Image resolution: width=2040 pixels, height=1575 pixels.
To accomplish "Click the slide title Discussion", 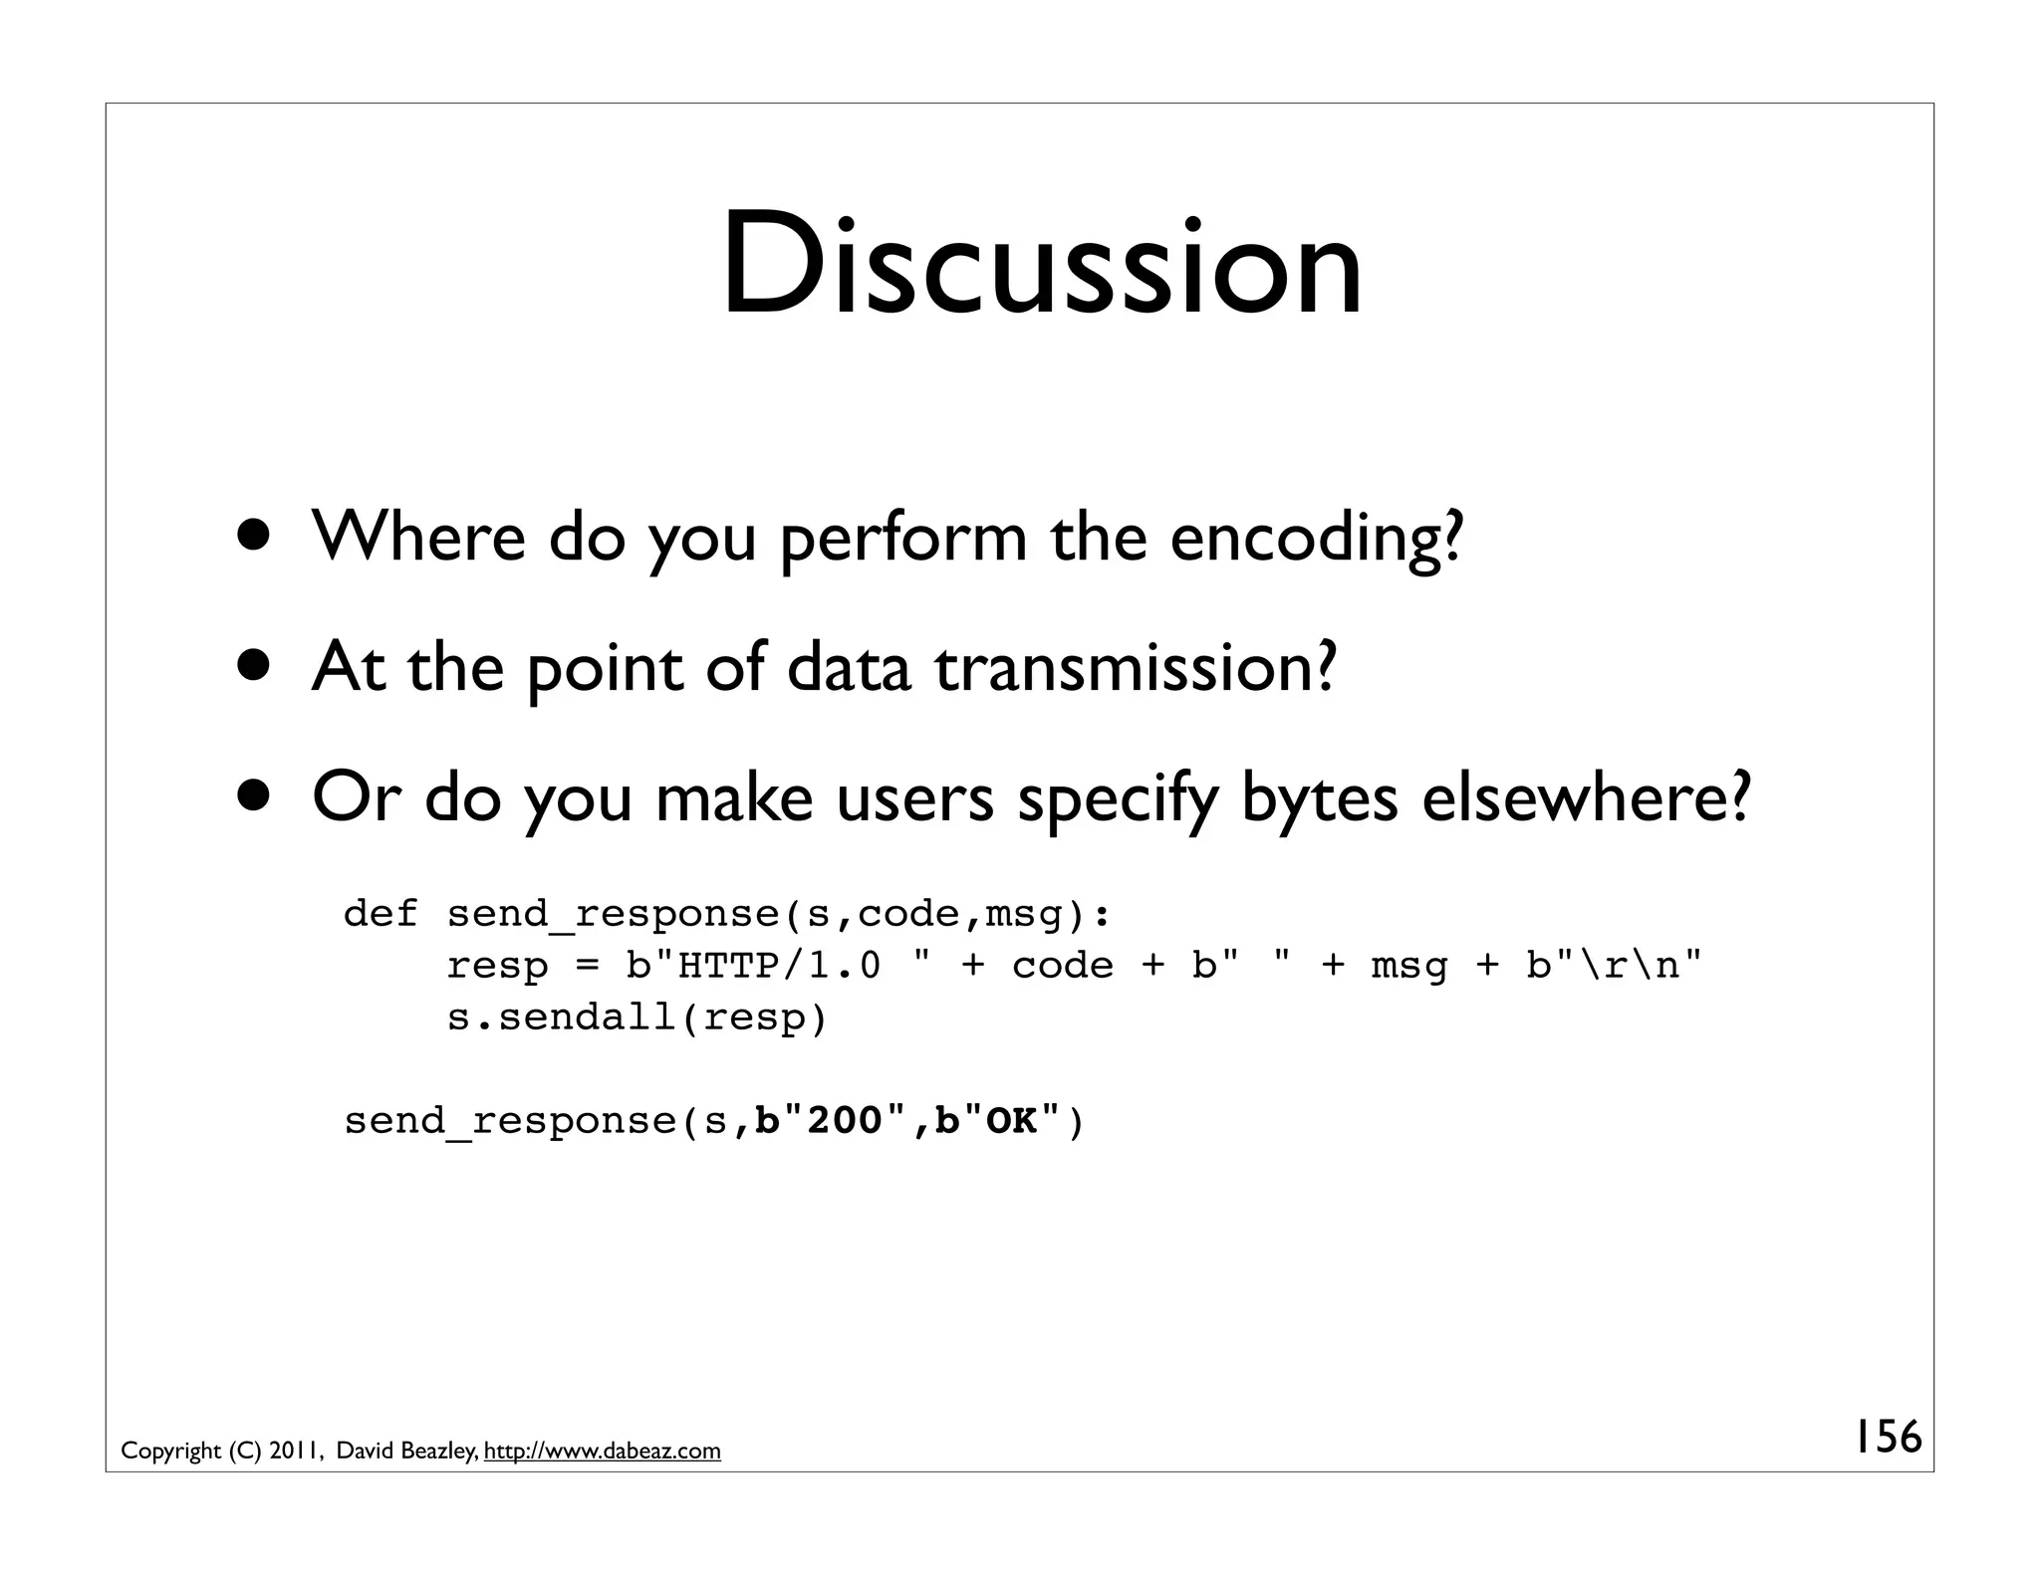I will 1042,265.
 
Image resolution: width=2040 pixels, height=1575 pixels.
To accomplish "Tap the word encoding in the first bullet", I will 1316,538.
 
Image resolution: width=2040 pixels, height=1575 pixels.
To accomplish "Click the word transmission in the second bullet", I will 1135,668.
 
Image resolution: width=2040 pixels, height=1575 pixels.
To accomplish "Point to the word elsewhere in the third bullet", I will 1585,798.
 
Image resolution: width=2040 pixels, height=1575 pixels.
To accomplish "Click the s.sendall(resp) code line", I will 637,1016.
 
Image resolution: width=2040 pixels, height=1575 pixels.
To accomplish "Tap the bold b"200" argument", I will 832,1120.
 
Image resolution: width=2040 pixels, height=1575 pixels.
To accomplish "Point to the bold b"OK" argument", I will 998,1120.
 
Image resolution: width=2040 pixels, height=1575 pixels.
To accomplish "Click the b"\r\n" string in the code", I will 1614,965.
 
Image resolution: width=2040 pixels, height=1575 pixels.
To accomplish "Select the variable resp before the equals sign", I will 496,965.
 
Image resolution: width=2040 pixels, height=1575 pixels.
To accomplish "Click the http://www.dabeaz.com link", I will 602,1451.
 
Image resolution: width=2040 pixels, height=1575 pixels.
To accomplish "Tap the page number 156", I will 1887,1437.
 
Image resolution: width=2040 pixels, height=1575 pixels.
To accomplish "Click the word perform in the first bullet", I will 902,538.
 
